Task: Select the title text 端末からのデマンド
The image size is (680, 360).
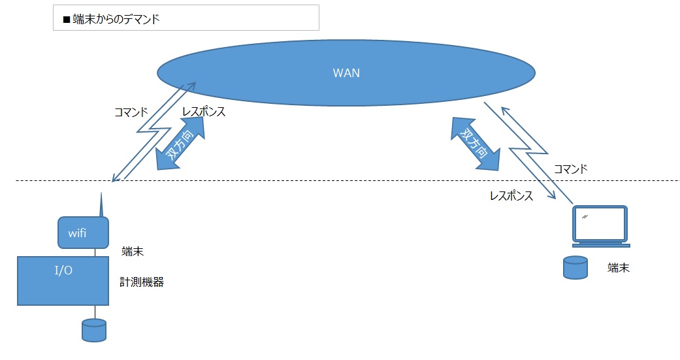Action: [116, 20]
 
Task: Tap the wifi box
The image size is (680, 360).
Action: [83, 232]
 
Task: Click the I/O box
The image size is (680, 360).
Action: [63, 280]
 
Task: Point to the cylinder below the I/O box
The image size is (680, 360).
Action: [94, 330]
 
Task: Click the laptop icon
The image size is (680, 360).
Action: [600, 226]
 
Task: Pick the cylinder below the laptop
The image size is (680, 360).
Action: [575, 268]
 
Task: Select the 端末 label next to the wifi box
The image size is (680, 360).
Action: [133, 251]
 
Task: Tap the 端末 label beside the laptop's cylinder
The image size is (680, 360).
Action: [619, 267]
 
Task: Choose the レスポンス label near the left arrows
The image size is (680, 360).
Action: [204, 112]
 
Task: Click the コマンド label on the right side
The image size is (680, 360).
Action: [570, 169]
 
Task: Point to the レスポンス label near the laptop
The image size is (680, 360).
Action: [511, 195]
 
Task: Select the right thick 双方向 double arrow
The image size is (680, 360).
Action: [475, 144]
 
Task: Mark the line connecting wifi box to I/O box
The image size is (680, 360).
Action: [96, 252]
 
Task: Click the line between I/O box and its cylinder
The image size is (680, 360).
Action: [95, 312]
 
